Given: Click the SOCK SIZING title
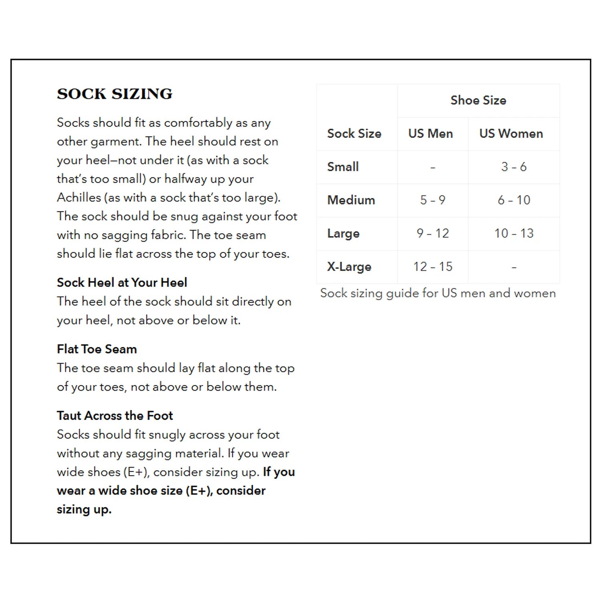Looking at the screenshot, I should coord(115,94).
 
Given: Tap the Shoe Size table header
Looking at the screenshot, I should coord(478,100).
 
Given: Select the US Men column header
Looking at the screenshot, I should coord(430,133).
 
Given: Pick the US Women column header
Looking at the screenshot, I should coord(511,133).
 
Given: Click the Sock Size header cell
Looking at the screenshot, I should coord(354,133).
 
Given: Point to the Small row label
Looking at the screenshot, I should coord(343,167).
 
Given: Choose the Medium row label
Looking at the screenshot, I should coord(351,200).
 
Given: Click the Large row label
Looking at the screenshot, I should coord(343,233).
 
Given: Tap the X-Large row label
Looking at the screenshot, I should coord(349,266).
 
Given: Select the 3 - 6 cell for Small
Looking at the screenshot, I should coord(514,167).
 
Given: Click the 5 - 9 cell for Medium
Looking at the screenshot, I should coord(432,200).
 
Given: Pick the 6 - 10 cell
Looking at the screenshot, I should coord(514,200).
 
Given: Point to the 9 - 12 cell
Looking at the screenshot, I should coord(432,233).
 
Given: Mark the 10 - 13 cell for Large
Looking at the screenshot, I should coord(514,233).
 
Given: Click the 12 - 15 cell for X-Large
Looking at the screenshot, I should coord(432,266).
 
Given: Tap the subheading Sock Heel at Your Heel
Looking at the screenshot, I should coord(122,282).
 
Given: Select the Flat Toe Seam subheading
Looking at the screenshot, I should coord(97,349).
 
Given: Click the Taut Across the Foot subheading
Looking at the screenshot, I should coord(115,415).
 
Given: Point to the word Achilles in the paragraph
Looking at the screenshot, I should coord(79,198).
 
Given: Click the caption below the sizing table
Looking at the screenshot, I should coord(438,293).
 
